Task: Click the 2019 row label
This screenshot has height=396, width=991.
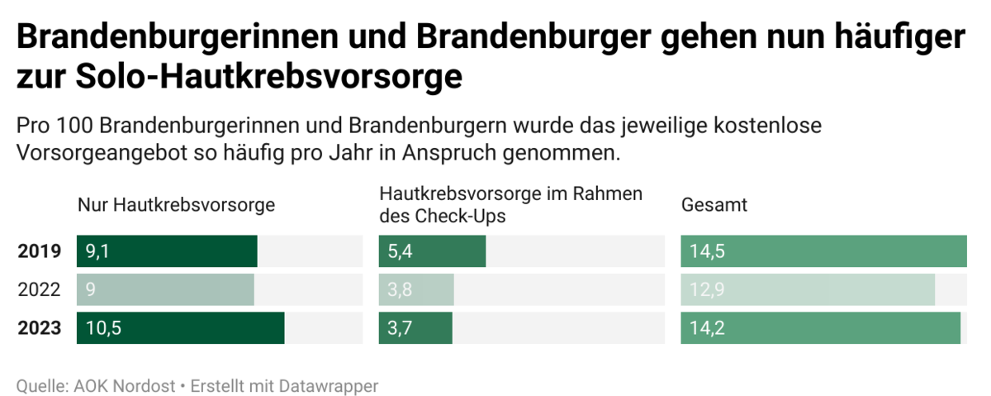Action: point(40,251)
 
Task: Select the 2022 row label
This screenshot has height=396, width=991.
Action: point(40,290)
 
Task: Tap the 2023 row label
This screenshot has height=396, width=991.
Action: point(40,328)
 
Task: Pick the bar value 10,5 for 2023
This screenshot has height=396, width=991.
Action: point(103,328)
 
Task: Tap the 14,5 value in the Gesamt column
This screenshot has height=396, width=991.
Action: point(707,251)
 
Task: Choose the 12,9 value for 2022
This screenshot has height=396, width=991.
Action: point(707,290)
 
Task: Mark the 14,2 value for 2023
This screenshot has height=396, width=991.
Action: point(707,328)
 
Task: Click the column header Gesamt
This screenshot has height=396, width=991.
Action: point(714,205)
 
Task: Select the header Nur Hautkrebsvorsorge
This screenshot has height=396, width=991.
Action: point(176,205)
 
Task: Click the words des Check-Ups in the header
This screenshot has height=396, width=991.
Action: point(443,216)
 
